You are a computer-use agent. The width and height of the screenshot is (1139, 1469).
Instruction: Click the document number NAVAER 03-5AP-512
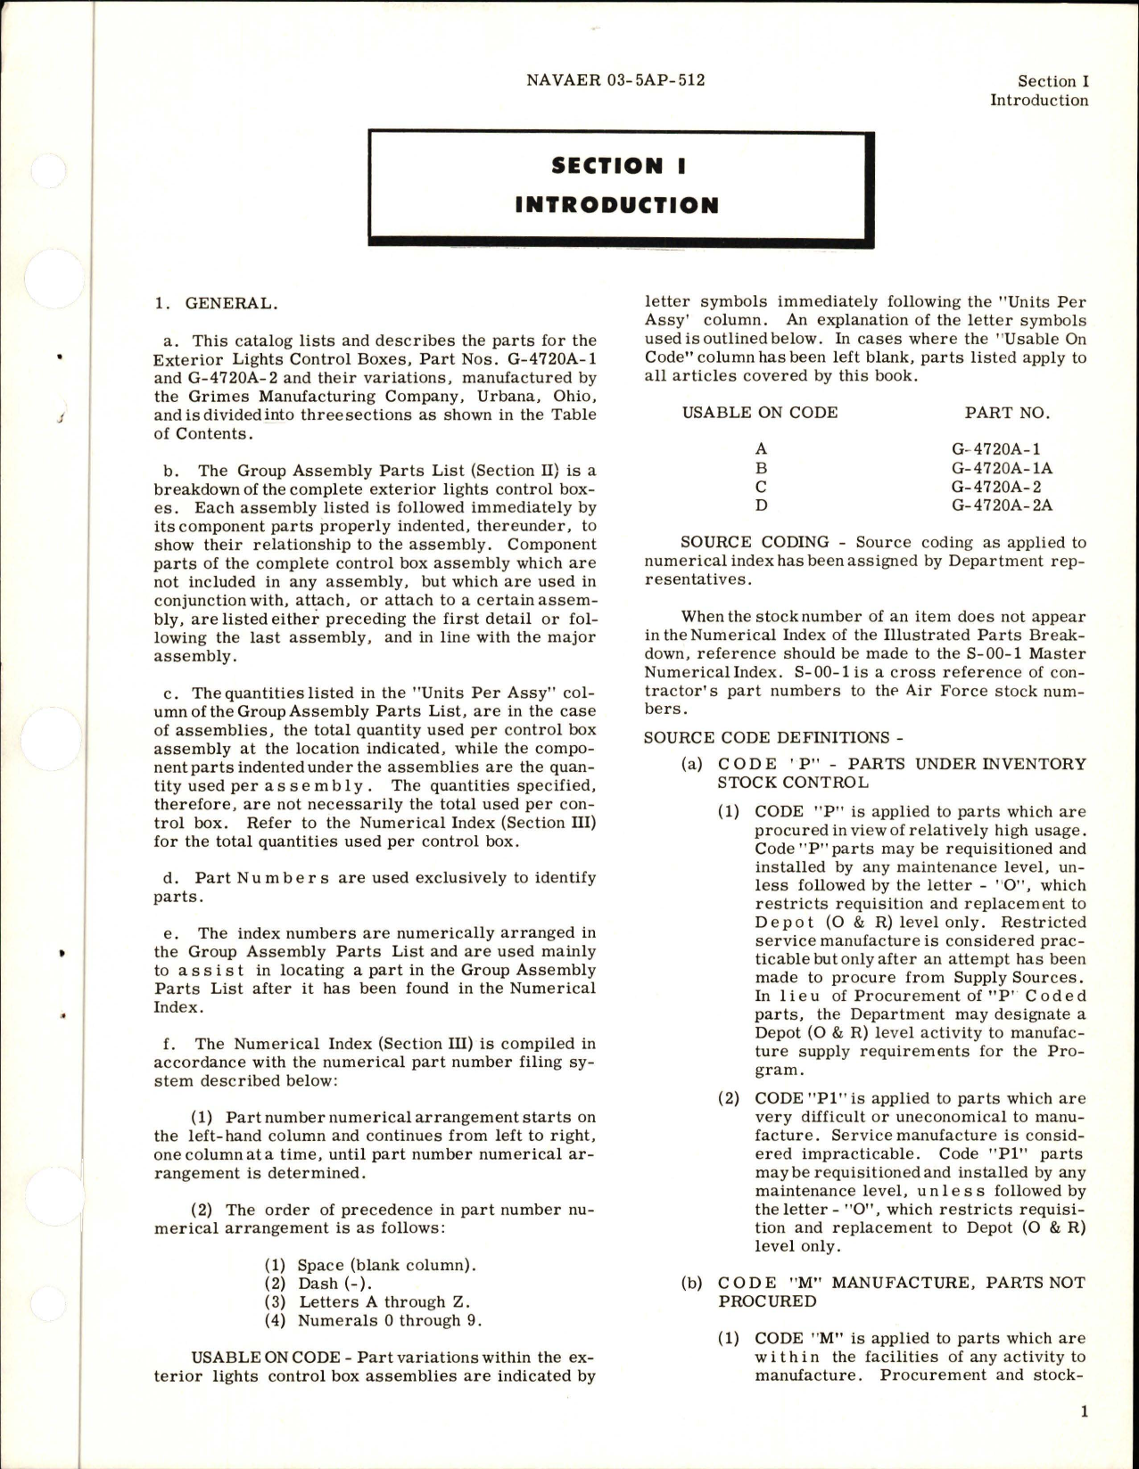click(x=615, y=80)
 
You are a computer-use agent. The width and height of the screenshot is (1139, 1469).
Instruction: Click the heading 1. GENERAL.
click(x=216, y=303)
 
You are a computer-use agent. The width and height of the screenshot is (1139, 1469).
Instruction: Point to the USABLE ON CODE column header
click(x=760, y=412)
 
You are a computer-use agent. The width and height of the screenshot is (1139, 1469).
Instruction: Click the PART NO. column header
click(x=1007, y=412)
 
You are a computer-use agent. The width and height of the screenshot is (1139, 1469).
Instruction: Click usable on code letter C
click(x=761, y=487)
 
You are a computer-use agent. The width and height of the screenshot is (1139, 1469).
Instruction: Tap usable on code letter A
click(x=761, y=449)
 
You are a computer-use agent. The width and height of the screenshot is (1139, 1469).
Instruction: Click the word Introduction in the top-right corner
click(x=1039, y=100)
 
